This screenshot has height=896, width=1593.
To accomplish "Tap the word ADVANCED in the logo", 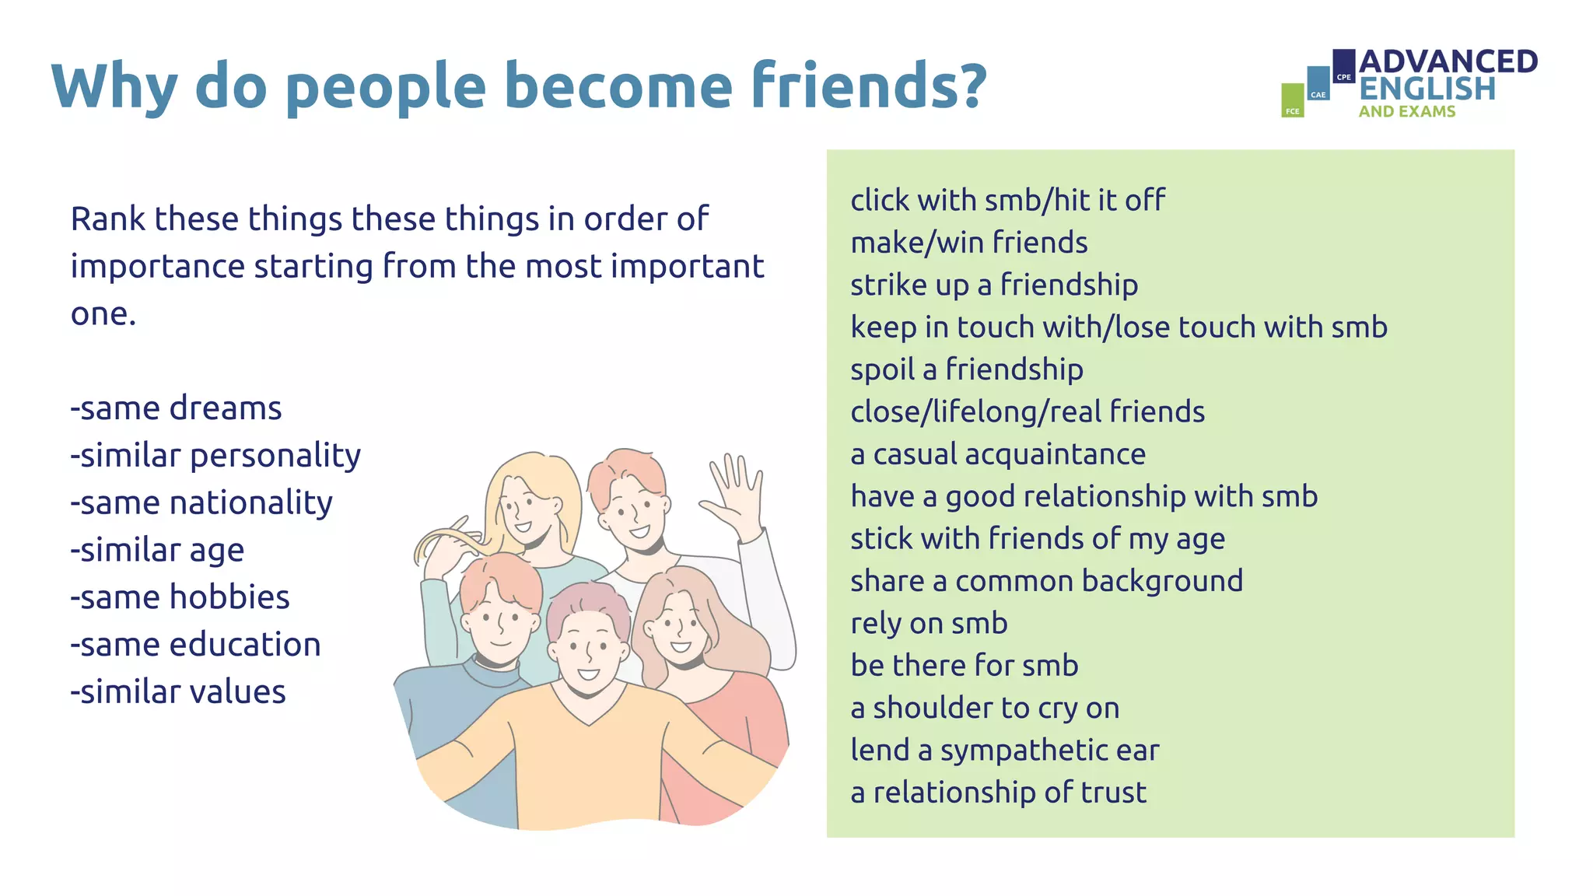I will point(1448,62).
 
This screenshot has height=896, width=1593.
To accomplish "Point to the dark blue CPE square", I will point(1343,65).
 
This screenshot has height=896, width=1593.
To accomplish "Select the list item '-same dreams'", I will point(176,408).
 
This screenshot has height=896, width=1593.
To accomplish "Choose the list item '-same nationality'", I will point(201,503).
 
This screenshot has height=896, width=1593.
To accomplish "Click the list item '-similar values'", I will point(178,692).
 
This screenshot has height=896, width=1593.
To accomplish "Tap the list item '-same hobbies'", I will point(180,597).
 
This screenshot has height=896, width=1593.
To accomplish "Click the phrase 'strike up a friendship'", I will point(993,285).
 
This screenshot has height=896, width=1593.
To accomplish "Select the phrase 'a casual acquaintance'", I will point(997,454).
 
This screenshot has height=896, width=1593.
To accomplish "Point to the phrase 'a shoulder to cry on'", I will point(984,708).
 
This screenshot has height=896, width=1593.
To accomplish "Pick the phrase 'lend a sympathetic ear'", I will point(1004,751).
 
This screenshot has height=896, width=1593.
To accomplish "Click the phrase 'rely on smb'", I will point(929,624).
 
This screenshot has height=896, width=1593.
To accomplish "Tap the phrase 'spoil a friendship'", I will point(966,369).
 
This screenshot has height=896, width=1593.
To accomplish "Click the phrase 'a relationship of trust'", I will point(998,793).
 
